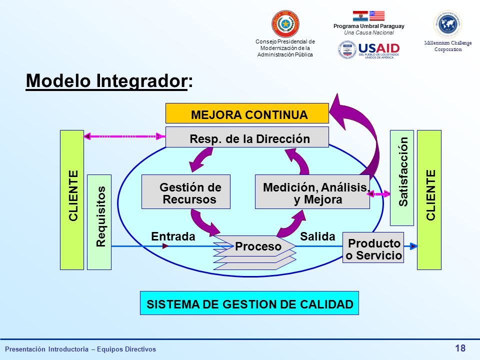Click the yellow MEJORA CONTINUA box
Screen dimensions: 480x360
coord(247,113)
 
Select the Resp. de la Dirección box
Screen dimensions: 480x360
coord(247,137)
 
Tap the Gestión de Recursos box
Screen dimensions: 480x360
coord(186,192)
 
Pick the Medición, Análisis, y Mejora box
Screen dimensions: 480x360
coord(312,192)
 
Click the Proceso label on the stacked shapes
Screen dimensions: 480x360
coord(258,246)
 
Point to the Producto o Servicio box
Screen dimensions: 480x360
coord(373,247)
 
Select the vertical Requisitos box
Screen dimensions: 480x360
coord(99,222)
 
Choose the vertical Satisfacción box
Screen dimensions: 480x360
coord(402,178)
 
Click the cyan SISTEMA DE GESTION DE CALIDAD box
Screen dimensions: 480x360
coord(249,303)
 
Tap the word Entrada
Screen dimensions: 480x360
coord(173,236)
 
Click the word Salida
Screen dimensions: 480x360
coord(317,236)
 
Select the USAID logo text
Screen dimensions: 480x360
coord(379,48)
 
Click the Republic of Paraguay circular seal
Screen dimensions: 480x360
coord(285,24)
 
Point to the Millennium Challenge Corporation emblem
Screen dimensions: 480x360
coord(448,24)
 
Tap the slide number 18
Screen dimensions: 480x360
coord(460,348)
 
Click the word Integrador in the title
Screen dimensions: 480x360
coord(141,81)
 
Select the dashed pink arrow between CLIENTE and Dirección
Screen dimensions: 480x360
coord(124,136)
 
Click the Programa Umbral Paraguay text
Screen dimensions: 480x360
coord(369,26)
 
